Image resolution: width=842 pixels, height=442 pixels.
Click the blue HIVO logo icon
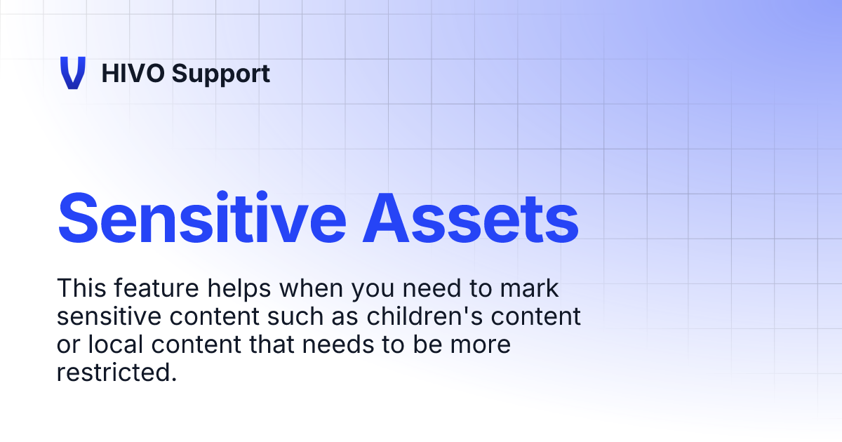point(72,73)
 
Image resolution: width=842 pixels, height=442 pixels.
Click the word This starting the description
point(79,288)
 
